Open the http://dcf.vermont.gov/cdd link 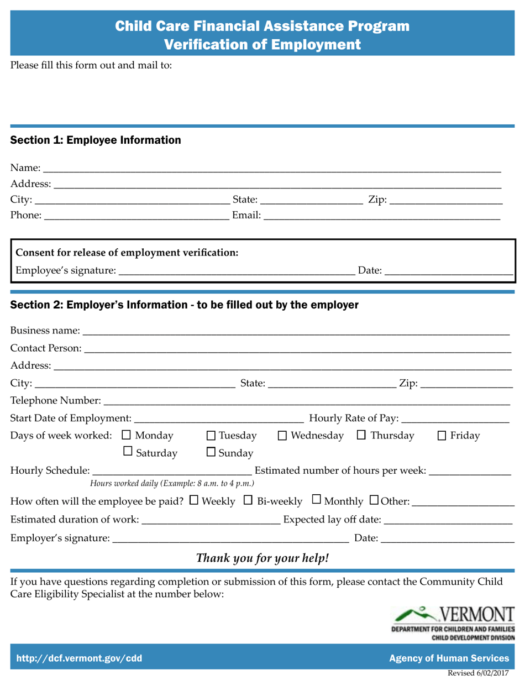click(x=79, y=658)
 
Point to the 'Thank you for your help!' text click(x=263, y=558)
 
